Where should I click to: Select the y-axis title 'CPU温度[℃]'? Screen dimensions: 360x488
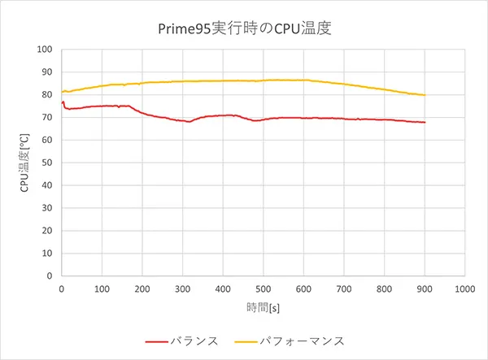pos(25,163)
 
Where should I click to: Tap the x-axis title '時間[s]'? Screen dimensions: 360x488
pos(264,307)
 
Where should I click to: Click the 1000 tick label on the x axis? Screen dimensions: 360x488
pos(464,288)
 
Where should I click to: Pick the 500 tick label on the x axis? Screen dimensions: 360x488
pos(263,288)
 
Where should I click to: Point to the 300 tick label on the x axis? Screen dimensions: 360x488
pos(182,288)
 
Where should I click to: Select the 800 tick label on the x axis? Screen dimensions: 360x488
pos(384,288)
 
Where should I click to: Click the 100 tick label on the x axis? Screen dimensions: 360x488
pos(102,288)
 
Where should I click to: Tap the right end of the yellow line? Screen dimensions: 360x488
pos(424,95)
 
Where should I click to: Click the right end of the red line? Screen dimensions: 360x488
pos(424,123)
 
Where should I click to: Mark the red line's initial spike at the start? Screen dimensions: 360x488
pos(63,102)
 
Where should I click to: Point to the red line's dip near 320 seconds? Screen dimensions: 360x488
pos(190,122)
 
